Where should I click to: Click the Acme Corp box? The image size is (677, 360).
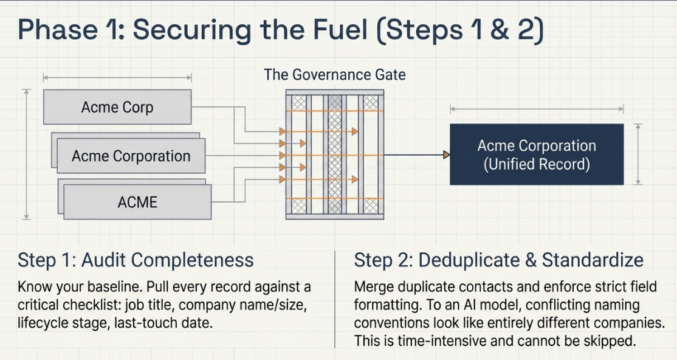click(117, 107)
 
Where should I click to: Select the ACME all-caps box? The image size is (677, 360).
click(137, 202)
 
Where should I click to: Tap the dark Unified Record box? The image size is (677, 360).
click(537, 154)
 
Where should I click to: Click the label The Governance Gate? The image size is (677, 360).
click(335, 75)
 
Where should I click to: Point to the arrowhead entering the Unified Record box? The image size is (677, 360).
click(447, 154)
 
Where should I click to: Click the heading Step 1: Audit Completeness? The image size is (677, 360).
click(136, 260)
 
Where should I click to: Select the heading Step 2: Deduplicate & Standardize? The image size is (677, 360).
click(499, 260)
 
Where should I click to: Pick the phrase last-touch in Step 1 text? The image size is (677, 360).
click(140, 323)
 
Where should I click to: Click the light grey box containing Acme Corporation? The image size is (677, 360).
click(131, 156)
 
